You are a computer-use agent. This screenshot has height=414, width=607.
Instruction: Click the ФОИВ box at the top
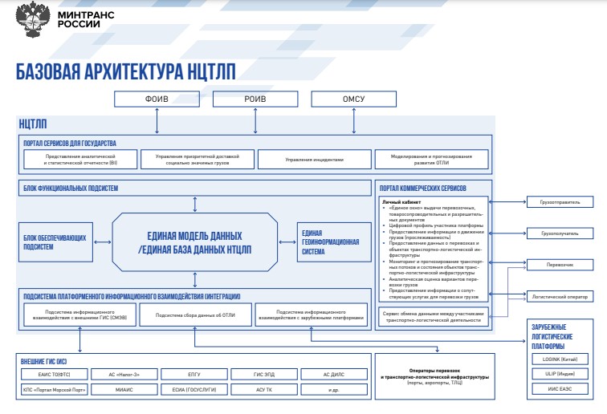[156, 99]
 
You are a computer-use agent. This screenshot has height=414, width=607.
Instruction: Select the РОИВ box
[255, 99]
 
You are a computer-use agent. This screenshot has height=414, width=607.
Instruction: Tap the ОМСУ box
[353, 99]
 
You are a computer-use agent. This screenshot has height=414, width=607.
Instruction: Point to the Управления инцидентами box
[314, 159]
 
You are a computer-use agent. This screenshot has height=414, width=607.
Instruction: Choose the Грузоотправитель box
[560, 202]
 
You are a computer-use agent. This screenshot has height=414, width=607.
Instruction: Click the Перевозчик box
[560, 264]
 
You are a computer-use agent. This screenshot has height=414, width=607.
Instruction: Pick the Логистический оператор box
[560, 295]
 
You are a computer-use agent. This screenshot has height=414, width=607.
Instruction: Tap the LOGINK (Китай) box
[560, 359]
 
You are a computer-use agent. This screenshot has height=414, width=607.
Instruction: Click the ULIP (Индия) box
[560, 374]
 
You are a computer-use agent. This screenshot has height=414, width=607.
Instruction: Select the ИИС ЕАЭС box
[560, 389]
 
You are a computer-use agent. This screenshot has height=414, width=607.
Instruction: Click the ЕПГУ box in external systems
[195, 374]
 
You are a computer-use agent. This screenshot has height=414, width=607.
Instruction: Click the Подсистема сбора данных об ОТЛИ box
[195, 314]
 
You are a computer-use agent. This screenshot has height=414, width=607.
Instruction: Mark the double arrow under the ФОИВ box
[156, 120]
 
